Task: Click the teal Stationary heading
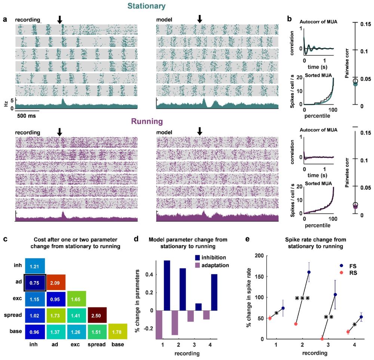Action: click(146, 6)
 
